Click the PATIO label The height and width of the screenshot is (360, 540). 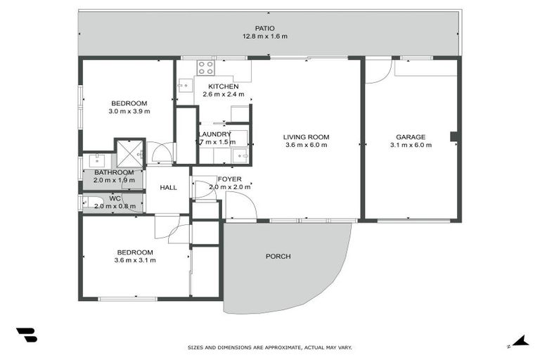(x=265, y=28)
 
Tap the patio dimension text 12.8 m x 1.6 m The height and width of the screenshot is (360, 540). (x=265, y=37)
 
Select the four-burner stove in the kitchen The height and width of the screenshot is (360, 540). (x=206, y=67)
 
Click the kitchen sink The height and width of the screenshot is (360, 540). (x=184, y=86)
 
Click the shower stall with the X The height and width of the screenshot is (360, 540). (x=129, y=152)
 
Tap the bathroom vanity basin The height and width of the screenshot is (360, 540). (x=96, y=160)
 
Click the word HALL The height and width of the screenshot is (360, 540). (x=168, y=188)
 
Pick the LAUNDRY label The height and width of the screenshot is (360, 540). (x=214, y=134)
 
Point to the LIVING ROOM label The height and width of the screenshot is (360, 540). (x=306, y=137)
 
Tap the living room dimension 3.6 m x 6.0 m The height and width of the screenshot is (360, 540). (x=306, y=146)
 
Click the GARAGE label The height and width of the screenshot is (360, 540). (x=410, y=137)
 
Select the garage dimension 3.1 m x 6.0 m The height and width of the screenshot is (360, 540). (x=410, y=146)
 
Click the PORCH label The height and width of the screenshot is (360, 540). (x=278, y=256)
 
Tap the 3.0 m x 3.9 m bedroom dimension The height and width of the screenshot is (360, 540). (x=129, y=111)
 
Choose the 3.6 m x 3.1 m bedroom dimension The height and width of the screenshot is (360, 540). (x=134, y=260)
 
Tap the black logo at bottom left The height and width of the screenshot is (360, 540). (x=26, y=335)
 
